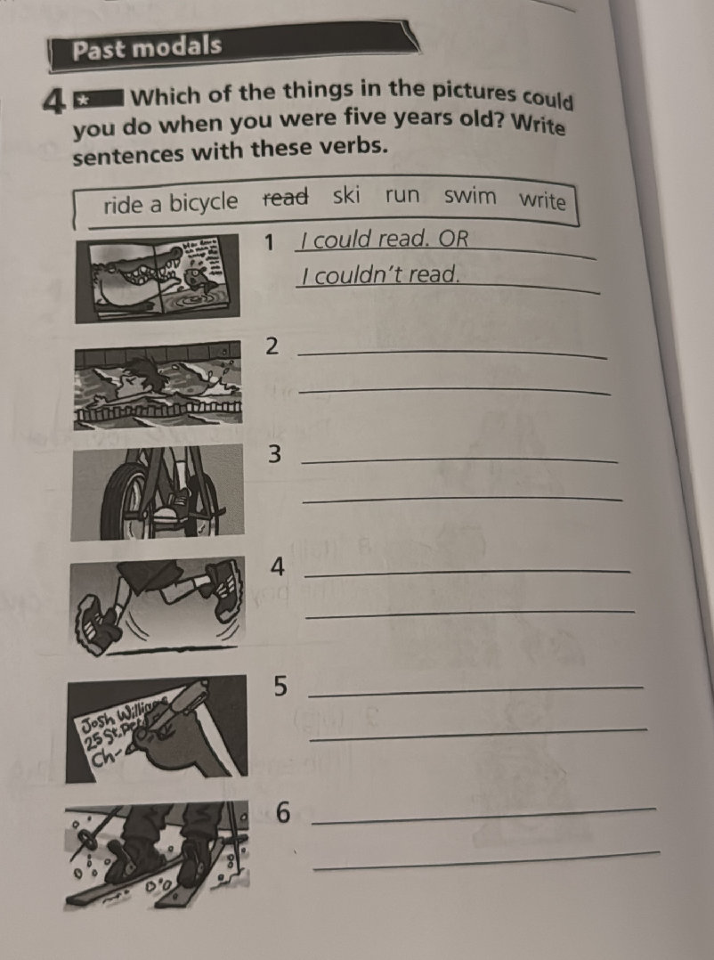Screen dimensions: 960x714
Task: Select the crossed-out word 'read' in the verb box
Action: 285,198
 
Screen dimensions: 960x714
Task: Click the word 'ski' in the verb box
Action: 346,195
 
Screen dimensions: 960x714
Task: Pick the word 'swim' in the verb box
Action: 470,196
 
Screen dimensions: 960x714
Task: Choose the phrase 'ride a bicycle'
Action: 171,204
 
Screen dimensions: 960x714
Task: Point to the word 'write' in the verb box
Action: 542,200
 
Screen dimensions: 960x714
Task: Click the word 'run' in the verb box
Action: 402,195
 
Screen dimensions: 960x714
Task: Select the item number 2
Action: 273,346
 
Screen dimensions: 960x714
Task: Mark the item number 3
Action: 275,455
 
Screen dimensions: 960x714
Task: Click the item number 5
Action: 281,686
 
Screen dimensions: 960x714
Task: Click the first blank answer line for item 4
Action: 467,571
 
